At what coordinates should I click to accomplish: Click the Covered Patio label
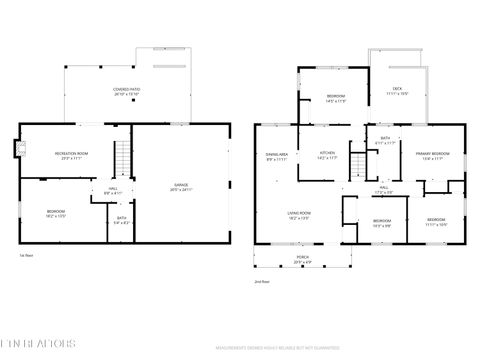(x=126, y=91)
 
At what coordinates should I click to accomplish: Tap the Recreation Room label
(x=70, y=155)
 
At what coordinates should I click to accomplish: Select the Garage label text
(x=182, y=186)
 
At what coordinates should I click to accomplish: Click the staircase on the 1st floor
(x=120, y=159)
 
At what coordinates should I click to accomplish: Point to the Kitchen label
(x=327, y=155)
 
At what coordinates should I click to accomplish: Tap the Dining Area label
(x=277, y=156)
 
